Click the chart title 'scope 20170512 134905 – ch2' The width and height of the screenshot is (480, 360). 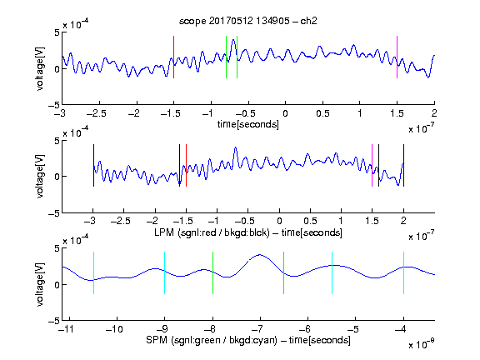pos(248,21)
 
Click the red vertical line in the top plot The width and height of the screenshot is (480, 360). pos(174,57)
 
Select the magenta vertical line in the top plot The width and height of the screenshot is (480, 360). pos(397,57)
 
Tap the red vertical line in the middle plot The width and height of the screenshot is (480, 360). pos(186,165)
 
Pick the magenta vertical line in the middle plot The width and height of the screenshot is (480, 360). pos(372,165)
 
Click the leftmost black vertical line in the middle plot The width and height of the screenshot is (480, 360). pos(93,165)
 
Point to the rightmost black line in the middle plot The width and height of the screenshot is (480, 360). pos(403,165)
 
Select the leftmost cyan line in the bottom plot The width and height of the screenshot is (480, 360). pos(93,272)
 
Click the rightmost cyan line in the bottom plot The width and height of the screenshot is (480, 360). pos(403,272)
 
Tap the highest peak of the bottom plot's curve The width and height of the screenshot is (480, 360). pos(260,254)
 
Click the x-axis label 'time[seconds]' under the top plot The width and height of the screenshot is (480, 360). pos(248,124)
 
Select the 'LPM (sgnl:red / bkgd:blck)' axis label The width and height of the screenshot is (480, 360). pos(212,232)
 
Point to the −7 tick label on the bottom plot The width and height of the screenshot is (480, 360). pos(257,329)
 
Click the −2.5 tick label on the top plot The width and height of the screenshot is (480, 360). pos(96,113)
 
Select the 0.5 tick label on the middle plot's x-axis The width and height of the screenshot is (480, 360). pos(310,221)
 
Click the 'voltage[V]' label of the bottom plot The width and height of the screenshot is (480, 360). pos(40,284)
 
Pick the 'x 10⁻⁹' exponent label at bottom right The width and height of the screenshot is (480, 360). pos(422,344)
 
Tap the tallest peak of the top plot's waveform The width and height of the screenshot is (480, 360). pos(233,40)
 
